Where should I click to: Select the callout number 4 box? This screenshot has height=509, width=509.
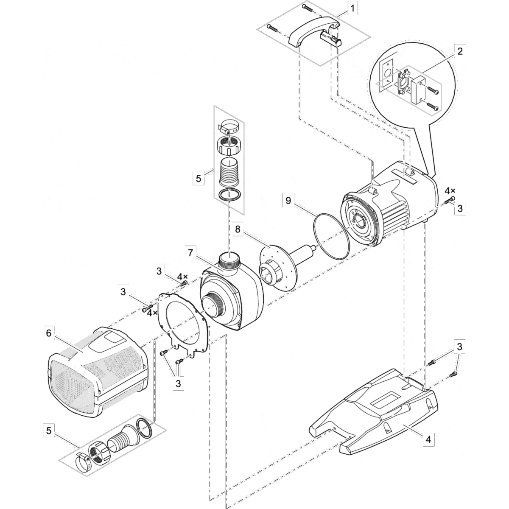(428, 440)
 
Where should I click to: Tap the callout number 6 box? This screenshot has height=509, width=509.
(49, 333)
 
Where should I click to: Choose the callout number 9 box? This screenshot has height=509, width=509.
(288, 200)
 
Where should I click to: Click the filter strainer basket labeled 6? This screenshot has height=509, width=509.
(98, 371)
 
